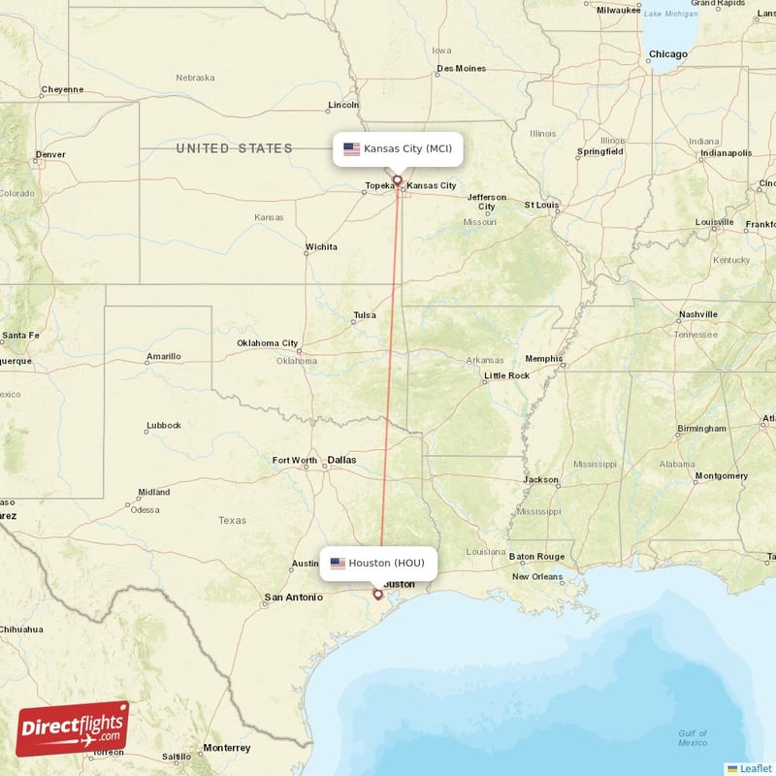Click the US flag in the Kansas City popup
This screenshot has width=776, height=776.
[x=351, y=149]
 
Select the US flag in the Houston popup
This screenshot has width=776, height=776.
[x=338, y=564]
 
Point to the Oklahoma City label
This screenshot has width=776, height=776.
[x=267, y=343]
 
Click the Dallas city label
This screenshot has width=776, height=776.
[x=341, y=460]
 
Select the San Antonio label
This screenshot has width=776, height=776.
[x=294, y=598]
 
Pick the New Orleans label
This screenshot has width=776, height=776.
[x=537, y=576]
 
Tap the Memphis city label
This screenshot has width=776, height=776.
[x=544, y=359]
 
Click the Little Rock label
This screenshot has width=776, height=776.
[x=507, y=375]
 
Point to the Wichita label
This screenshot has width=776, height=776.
[x=321, y=247]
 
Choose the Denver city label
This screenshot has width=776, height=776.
[x=49, y=154]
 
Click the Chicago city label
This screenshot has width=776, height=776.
[x=667, y=55]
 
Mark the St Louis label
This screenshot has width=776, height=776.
[x=541, y=206]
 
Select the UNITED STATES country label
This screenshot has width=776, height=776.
[x=234, y=148]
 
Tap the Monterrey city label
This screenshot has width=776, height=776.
[x=226, y=748]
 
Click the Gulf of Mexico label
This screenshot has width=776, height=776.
[x=693, y=738]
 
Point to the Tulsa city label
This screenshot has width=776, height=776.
[x=365, y=315]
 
